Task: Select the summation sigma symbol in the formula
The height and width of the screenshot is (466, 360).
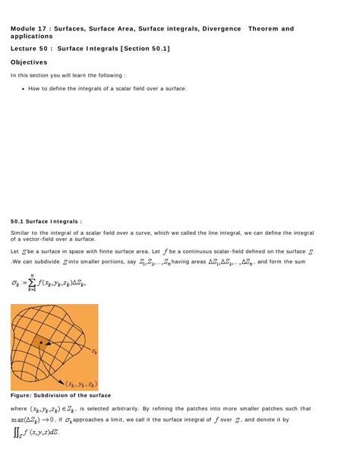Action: coord(32,284)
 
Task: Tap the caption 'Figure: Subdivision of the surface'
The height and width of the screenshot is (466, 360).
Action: coord(61,395)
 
